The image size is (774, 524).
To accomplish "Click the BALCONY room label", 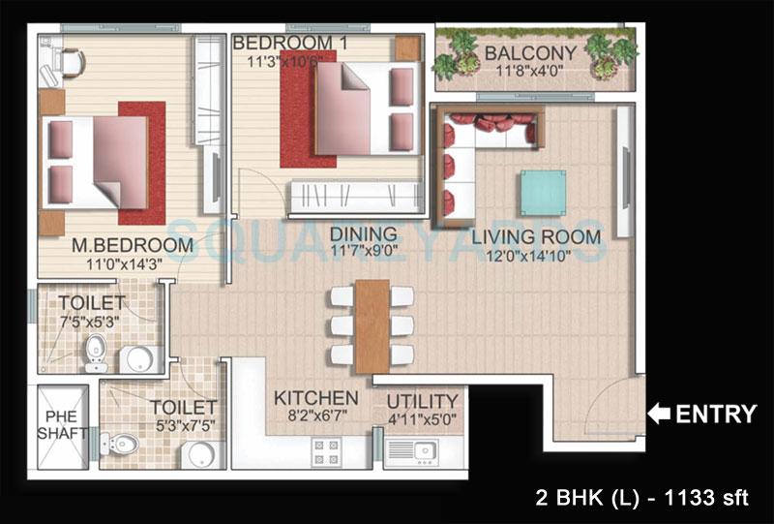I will pyautogui.click(x=530, y=52).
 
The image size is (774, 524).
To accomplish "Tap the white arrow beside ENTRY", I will pyautogui.click(x=658, y=415).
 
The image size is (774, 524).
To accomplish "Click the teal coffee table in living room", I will pyautogui.click(x=543, y=193).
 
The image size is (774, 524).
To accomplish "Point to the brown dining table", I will pyautogui.click(x=372, y=325).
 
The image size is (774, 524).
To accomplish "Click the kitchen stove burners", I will pyautogui.click(x=325, y=451).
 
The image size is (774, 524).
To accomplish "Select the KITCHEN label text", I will pyautogui.click(x=315, y=398).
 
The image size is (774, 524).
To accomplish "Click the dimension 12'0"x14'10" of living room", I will pyautogui.click(x=536, y=257).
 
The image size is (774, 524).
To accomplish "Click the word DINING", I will pyautogui.click(x=363, y=233).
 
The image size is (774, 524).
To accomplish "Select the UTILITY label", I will pyautogui.click(x=422, y=401).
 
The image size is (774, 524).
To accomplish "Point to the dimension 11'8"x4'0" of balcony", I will pyautogui.click(x=530, y=72).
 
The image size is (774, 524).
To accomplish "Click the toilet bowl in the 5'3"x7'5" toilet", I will pyautogui.click(x=122, y=444).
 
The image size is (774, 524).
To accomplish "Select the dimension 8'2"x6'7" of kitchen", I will pyautogui.click(x=315, y=417).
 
